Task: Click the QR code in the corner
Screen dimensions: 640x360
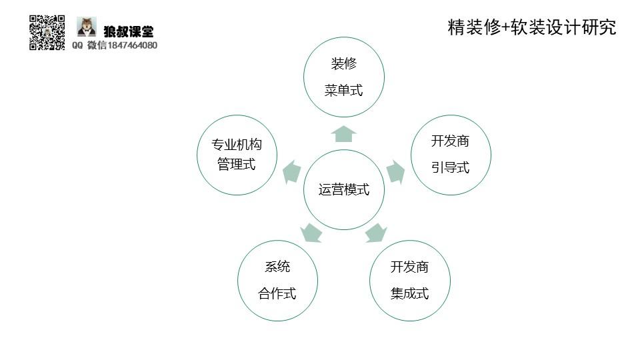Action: point(47,33)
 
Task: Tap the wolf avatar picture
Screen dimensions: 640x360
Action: point(87,27)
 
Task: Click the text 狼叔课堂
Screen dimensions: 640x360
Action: point(129,31)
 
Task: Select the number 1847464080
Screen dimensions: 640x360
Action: point(132,45)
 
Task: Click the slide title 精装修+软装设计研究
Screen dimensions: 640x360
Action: point(532,27)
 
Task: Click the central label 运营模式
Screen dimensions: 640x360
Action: point(344,189)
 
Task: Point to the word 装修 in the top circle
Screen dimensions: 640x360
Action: point(344,64)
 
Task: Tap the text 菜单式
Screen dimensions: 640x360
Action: point(344,90)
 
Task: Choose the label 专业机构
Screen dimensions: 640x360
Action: point(237,144)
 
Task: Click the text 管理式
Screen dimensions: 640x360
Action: point(237,164)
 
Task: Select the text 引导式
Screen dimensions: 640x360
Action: point(450,167)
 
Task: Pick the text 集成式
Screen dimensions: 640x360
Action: point(409,293)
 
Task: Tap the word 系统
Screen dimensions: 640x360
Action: point(277,267)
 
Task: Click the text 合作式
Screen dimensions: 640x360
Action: point(277,293)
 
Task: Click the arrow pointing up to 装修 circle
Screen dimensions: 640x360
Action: point(344,134)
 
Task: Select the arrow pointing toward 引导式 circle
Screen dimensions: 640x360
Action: point(395,172)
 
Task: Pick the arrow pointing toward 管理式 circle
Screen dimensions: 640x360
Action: point(292,172)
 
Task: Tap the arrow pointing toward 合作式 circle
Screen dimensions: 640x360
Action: point(311,233)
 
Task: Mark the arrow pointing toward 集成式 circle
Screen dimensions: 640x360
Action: point(375,233)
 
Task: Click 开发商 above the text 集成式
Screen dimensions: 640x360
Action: point(409,267)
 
